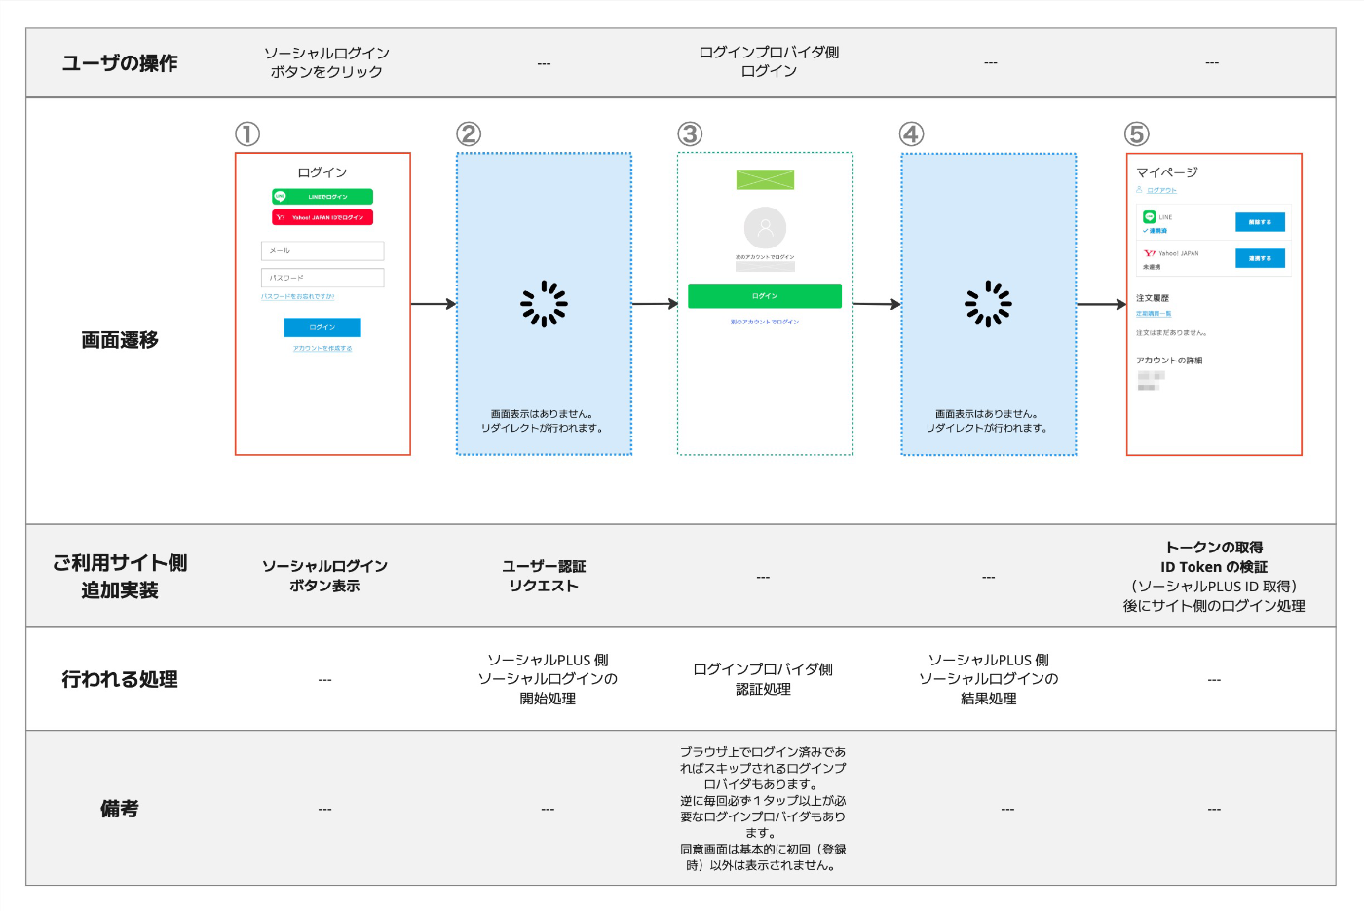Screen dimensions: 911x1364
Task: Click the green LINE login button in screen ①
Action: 322,197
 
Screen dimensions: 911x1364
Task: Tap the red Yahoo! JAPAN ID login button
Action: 322,217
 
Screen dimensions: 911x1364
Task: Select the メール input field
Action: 322,251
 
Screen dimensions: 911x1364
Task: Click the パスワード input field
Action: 322,278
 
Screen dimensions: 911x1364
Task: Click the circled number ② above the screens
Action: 469,134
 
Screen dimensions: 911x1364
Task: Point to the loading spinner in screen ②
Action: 544,304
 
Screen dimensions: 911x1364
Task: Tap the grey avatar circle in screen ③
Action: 765,228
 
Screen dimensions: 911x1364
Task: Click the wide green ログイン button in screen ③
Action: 765,296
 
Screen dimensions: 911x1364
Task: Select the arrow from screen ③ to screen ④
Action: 877,304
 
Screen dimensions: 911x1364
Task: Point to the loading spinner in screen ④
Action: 988,304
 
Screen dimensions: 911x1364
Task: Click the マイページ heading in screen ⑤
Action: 1166,172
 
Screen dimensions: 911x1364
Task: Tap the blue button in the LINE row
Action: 1260,222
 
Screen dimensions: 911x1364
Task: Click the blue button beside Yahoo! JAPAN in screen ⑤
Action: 1260,258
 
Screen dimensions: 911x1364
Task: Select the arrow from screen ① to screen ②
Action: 434,304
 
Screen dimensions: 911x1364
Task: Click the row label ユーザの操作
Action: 120,63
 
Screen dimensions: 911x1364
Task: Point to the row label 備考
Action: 120,809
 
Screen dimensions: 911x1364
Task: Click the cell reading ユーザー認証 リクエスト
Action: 544,576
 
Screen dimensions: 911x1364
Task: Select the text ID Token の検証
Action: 1213,567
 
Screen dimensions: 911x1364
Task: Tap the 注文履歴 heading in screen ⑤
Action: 1153,298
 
